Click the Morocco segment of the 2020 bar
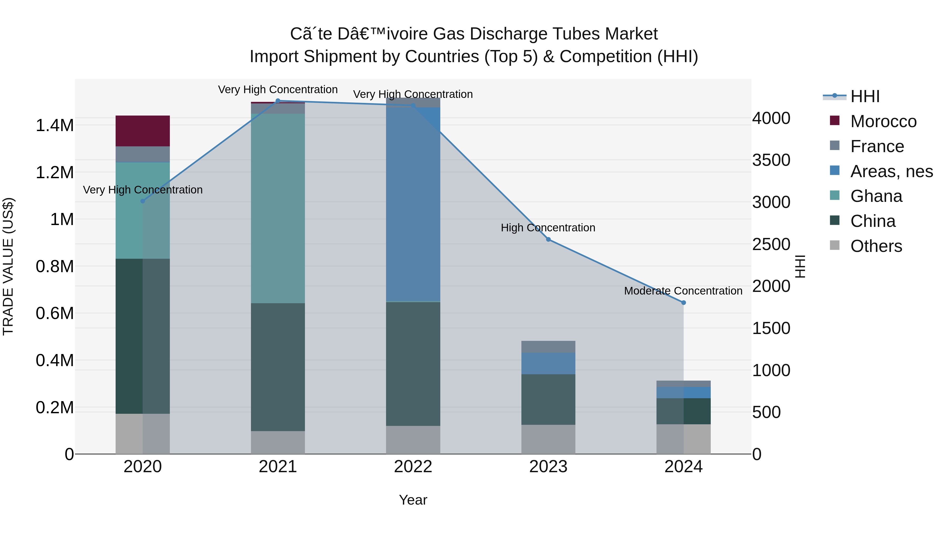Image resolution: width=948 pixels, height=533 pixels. [x=142, y=131]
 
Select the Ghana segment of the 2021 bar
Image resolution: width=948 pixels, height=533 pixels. [x=278, y=208]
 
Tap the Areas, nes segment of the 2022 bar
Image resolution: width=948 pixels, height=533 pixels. [x=413, y=205]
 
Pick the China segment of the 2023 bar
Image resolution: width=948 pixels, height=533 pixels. [x=548, y=400]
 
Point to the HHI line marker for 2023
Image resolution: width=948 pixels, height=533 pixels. [x=548, y=240]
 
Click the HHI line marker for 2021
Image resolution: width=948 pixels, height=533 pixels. [x=278, y=101]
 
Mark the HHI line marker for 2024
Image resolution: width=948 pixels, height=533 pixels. [x=683, y=303]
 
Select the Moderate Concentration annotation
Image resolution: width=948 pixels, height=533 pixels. [x=683, y=291]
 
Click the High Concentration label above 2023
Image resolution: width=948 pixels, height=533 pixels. [x=548, y=228]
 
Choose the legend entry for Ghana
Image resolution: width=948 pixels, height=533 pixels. [x=876, y=196]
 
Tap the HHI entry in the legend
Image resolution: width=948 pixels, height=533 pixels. [x=865, y=96]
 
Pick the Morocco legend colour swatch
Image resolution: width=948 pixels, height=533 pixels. [x=835, y=121]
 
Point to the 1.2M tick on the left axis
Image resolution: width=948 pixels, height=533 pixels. [x=55, y=172]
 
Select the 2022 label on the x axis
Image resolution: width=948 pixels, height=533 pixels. [x=413, y=467]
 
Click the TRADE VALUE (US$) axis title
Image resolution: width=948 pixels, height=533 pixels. [x=8, y=266]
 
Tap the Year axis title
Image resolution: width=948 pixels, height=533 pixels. [x=413, y=500]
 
